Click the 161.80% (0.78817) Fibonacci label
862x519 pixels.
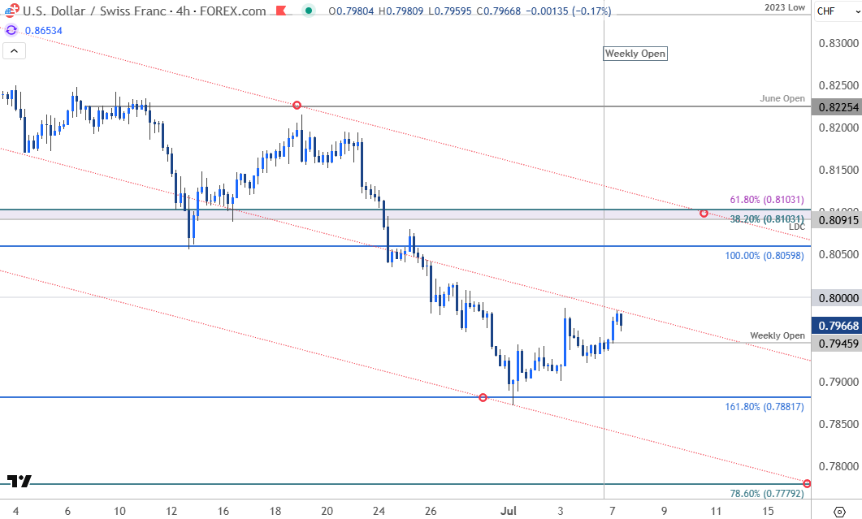(764, 407)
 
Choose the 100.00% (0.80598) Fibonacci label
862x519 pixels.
(765, 256)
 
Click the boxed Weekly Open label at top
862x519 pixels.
(635, 54)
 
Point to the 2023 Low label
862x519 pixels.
(785, 7)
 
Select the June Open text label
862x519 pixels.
(782, 98)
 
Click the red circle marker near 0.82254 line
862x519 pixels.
(297, 106)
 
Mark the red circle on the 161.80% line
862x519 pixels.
(483, 397)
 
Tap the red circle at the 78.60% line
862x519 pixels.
(807, 483)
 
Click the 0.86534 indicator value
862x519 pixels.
(44, 30)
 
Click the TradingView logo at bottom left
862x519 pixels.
(19, 481)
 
